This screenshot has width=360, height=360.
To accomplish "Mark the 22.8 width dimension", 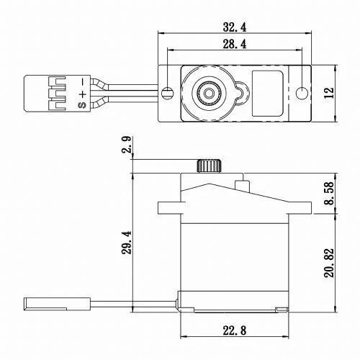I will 235,331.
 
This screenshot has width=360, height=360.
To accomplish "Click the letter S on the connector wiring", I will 82,105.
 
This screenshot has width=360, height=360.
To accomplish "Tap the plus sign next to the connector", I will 82,93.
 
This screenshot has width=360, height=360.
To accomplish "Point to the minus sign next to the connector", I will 82,80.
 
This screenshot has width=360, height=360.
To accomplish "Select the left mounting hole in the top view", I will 167,92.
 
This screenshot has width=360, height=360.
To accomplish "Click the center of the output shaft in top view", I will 207,92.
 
